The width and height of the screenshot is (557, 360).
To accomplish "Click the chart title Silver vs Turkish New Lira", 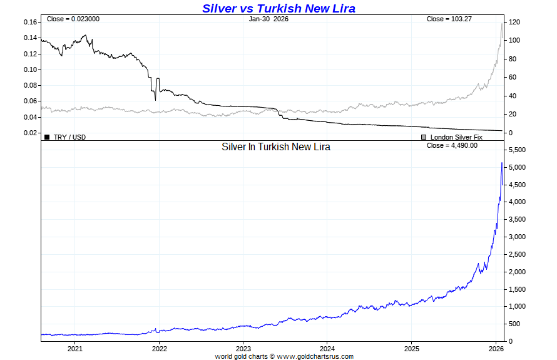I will coord(278,8).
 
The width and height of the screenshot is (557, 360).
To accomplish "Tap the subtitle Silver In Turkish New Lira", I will coord(276,147).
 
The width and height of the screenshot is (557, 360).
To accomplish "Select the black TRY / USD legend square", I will coord(47,136).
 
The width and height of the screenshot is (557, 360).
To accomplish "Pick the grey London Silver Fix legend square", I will coord(424,136).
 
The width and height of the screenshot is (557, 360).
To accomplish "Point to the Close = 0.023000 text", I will coord(73,19).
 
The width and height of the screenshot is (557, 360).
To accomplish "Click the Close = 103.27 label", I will coord(449,19).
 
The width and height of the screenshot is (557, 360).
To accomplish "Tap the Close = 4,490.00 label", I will coord(452,145).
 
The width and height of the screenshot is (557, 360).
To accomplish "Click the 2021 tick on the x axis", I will coord(75,348).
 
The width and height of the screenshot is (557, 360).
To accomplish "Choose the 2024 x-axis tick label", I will coord(327,348).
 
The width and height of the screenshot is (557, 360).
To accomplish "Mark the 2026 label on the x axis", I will coord(496,348).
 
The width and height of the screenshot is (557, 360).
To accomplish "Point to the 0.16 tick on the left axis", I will coord(30,22).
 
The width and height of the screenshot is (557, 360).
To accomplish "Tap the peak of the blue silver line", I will coord(502,163).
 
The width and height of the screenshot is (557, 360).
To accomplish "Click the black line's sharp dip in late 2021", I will coord(155,100).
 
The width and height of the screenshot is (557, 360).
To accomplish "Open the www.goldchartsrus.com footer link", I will coord(315,356).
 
